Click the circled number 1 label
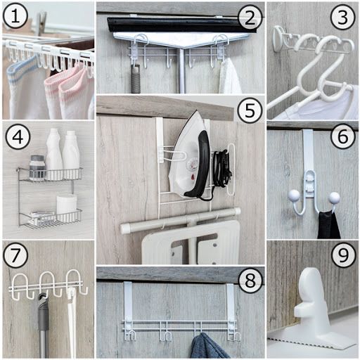tap(15, 16)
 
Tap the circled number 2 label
tap(250, 18)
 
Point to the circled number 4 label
tap(18, 137)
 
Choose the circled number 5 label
tap(250, 110)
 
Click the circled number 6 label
tap(343, 137)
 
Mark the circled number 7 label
tap(15, 255)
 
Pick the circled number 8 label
tap(250, 281)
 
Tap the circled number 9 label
tap(343, 255)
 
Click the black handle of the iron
tap(202, 162)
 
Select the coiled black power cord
tap(221, 167)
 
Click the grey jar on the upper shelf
tap(37, 167)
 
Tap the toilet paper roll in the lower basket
tap(66, 206)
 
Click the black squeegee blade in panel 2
tap(181, 25)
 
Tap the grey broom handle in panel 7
tap(43, 326)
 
